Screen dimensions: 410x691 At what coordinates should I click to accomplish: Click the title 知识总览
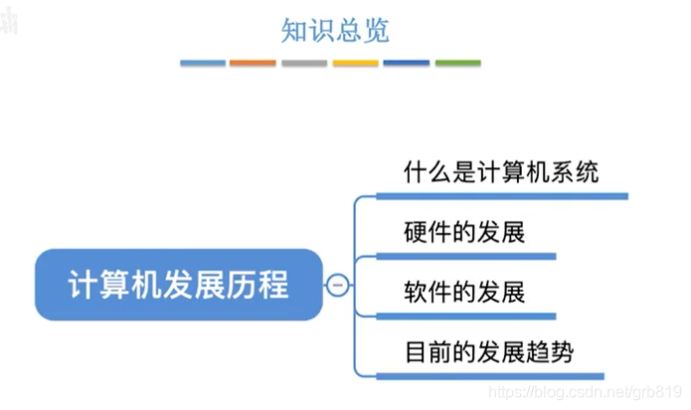(x=334, y=31)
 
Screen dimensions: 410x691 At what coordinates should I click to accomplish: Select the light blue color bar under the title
(x=203, y=64)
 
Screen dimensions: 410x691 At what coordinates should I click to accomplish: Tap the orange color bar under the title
(x=253, y=64)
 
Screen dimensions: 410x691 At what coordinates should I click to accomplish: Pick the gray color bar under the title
(x=304, y=64)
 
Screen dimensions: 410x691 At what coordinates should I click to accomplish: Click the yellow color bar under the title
(x=355, y=64)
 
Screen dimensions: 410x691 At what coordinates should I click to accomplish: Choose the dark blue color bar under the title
(x=407, y=64)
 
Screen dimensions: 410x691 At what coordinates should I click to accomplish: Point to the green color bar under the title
(x=457, y=64)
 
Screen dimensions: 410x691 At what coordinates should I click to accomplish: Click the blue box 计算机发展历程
(x=179, y=285)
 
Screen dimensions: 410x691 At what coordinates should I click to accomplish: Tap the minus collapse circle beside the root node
(x=337, y=286)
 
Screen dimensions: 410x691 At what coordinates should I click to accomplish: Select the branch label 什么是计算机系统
(x=501, y=172)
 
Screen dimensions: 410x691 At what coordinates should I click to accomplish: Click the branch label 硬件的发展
(x=464, y=233)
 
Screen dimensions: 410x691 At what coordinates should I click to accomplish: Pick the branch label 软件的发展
(x=464, y=293)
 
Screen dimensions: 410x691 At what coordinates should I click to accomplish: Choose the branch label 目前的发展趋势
(x=489, y=352)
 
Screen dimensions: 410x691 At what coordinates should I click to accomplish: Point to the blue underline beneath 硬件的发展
(x=467, y=256)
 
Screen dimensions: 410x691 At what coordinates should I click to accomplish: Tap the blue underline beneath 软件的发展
(x=467, y=315)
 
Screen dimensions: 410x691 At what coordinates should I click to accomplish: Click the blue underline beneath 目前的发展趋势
(x=492, y=375)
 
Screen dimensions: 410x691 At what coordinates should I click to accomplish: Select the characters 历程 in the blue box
(x=262, y=285)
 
